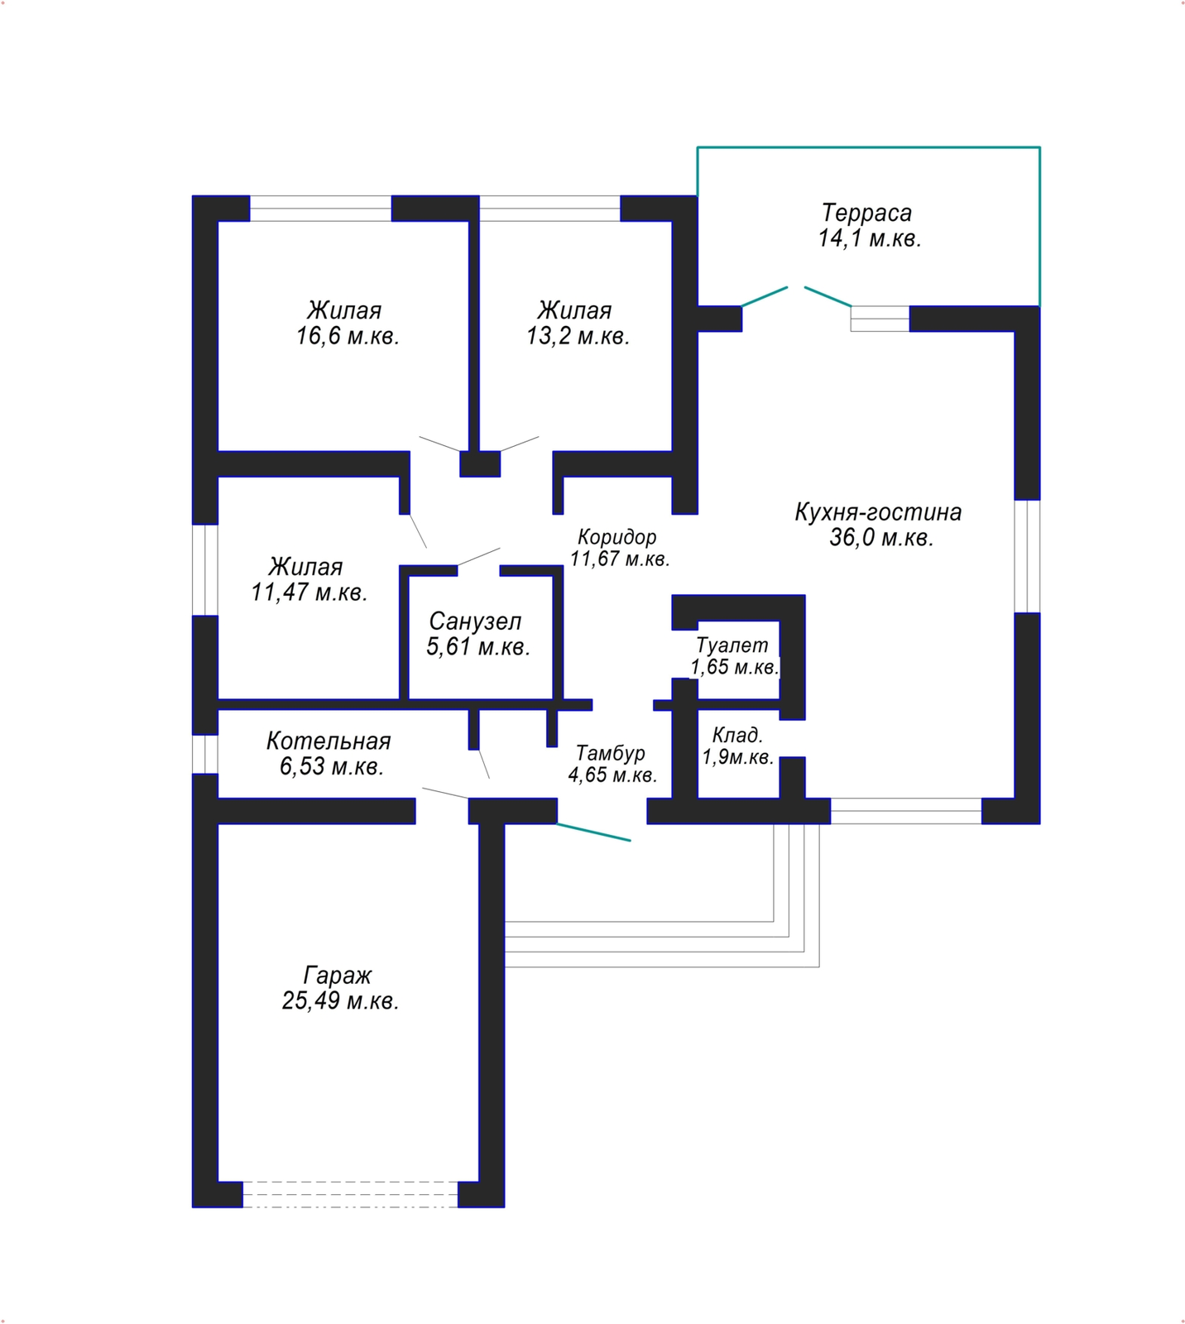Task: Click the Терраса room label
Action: click(866, 213)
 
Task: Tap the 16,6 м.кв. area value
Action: click(348, 337)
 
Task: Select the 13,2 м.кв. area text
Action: click(578, 337)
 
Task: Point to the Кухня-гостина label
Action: click(878, 511)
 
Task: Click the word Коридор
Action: click(617, 537)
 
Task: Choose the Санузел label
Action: click(475, 621)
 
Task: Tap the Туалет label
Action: click(732, 645)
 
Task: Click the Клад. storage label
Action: click(737, 735)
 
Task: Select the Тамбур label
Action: click(611, 753)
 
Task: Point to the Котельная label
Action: click(329, 741)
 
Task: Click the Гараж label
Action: click(338, 976)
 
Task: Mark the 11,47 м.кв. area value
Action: click(309, 592)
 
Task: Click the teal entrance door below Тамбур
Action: click(593, 832)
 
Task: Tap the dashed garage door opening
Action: click(350, 1194)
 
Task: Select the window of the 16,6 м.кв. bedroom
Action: click(320, 209)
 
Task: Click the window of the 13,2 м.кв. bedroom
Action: click(549, 209)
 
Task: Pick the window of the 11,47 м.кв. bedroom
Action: click(205, 570)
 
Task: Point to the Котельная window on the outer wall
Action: click(205, 754)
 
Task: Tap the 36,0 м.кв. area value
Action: click(882, 538)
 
